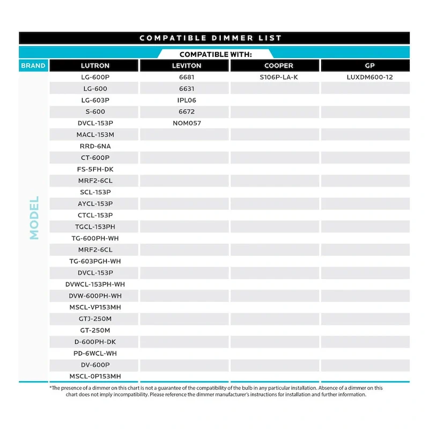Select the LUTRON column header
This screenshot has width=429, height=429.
point(95,65)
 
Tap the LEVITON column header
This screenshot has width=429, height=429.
point(187,65)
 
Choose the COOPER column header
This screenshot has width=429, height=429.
point(279,65)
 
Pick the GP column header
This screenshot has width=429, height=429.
point(369,65)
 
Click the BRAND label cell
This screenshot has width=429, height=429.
point(33,65)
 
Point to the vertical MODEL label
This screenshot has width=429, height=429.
point(34,217)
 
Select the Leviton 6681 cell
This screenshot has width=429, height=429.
point(187,77)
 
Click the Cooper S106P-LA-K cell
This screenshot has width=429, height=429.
point(279,77)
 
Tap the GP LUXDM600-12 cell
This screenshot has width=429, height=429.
point(369,77)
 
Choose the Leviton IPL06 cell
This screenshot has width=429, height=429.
point(187,100)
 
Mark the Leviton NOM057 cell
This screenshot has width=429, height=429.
point(187,123)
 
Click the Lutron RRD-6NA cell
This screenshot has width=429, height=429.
point(95,146)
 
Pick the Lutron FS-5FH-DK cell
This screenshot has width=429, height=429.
point(95,169)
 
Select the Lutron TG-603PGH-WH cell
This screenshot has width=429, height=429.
point(95,261)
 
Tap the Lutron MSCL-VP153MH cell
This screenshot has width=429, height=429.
point(95,307)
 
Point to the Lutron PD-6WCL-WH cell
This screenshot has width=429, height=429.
point(95,353)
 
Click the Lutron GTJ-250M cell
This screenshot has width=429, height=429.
point(95,319)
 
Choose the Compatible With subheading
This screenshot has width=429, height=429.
point(216,54)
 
